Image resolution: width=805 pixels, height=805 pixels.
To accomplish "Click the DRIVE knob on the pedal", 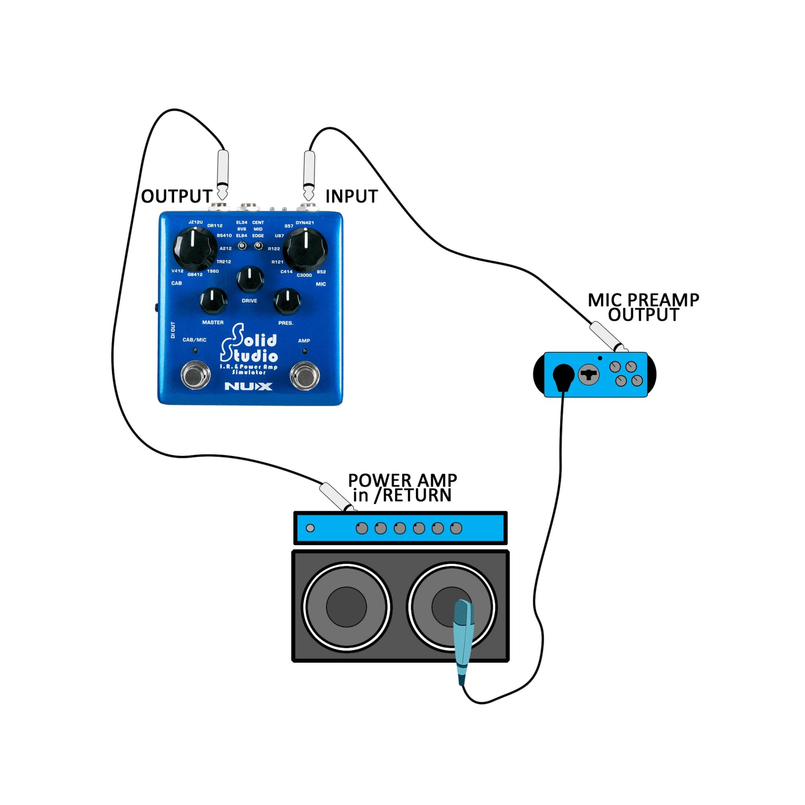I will pos(250,279).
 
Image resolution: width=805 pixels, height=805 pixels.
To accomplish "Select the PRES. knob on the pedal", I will pos(287,301).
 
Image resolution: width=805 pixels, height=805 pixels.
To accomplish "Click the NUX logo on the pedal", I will pos(248,386).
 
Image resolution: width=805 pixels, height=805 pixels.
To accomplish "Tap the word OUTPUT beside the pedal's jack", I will pos(177,196).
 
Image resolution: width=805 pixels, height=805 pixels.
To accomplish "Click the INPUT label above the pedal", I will pos(351,196).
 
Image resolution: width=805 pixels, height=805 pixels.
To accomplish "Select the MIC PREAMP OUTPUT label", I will pos(643,307).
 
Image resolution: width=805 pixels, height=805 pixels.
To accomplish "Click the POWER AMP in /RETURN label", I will pos(402,488).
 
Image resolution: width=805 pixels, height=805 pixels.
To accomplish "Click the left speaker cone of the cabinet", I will pos(346,607).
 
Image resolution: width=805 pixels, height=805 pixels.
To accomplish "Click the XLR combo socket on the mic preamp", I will pos(589,375).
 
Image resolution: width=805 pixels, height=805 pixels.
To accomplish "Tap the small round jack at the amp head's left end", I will pos(310,528).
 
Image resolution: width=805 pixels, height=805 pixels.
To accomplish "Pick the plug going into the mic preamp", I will pos(607,337).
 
